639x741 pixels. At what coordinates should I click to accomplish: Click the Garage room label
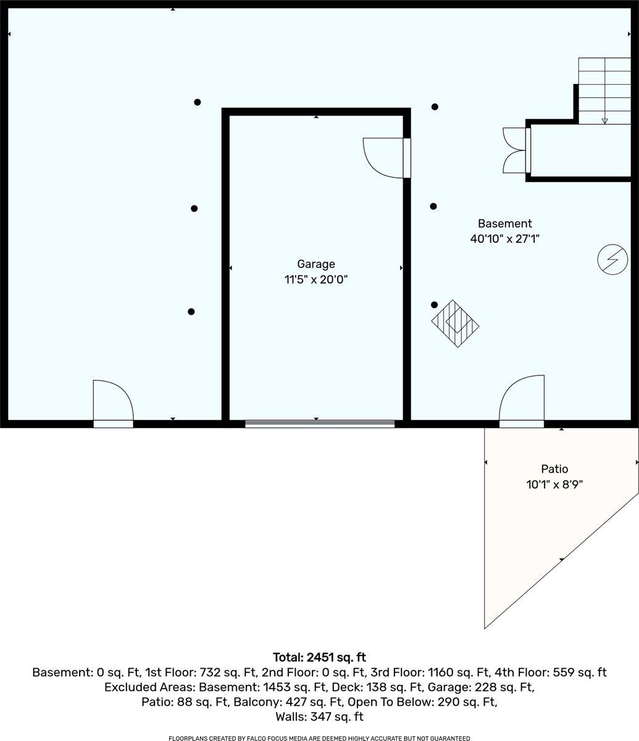click(x=315, y=264)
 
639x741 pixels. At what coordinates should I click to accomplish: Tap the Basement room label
click(x=504, y=224)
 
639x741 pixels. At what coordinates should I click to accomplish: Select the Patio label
click(x=554, y=469)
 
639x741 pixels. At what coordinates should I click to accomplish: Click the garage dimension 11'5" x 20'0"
click(x=315, y=280)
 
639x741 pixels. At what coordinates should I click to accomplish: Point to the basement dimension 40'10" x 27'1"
click(x=504, y=238)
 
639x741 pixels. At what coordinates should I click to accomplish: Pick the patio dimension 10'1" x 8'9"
click(x=554, y=485)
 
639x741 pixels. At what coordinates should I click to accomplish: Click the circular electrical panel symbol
click(x=612, y=259)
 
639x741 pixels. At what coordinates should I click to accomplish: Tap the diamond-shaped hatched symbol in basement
click(x=455, y=324)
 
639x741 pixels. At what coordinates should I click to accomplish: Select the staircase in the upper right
click(x=604, y=91)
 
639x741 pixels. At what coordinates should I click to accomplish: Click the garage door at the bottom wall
click(x=319, y=424)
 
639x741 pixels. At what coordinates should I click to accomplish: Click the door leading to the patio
click(x=522, y=401)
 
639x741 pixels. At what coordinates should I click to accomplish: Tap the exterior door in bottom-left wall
click(x=112, y=403)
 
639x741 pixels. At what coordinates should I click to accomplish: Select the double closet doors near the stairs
click(x=516, y=150)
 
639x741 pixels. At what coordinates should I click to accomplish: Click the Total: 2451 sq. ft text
click(x=319, y=657)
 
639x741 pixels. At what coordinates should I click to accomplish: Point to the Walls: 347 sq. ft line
click(x=319, y=717)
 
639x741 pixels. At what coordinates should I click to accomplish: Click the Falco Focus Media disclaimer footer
click(x=319, y=738)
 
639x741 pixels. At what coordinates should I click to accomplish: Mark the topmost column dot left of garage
click(x=198, y=103)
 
